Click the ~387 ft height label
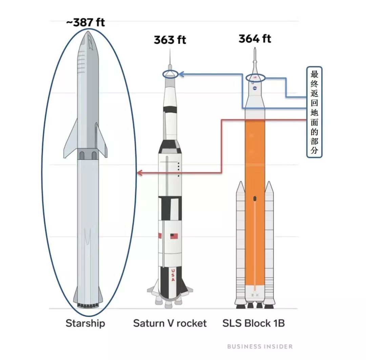[85, 23]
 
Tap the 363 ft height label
[170, 40]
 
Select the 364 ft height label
[255, 39]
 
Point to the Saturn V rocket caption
[170, 323]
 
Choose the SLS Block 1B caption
[253, 323]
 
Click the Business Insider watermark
[260, 346]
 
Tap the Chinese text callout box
[314, 112]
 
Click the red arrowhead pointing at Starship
[139, 173]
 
